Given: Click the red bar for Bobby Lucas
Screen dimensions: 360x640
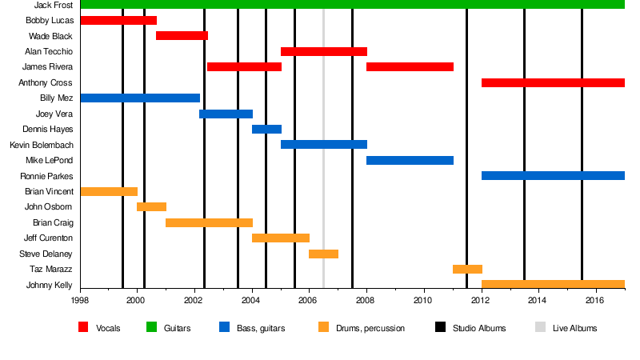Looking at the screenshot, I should coord(118,20).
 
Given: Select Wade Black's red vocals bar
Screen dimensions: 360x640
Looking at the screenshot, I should coord(182,36).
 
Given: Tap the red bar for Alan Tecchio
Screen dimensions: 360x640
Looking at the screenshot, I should coord(323,51).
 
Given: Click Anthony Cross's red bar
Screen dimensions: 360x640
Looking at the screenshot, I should coord(553,82).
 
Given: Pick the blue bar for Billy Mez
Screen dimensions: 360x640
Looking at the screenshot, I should coord(140,98).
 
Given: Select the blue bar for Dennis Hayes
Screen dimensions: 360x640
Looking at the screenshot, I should coord(266,129).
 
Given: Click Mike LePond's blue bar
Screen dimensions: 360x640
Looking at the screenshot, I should coord(410,160).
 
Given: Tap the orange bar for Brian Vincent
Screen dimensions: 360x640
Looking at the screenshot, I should coord(109,191).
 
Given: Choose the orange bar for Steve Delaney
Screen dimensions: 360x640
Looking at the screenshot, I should coord(323,254).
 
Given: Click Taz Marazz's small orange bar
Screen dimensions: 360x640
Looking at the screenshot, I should coord(467,269).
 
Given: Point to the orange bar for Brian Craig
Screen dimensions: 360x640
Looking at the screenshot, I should coord(209,222).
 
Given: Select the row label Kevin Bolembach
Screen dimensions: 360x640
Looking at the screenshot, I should coord(41,145).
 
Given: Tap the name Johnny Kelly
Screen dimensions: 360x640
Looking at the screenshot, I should coord(50,285).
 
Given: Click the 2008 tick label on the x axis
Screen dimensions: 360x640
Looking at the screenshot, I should coord(366,301).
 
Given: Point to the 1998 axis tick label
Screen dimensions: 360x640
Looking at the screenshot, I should coord(80,301).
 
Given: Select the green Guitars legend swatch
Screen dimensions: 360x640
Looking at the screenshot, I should coord(151,327).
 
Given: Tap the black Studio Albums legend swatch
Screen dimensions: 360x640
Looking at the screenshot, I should coord(440,327).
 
